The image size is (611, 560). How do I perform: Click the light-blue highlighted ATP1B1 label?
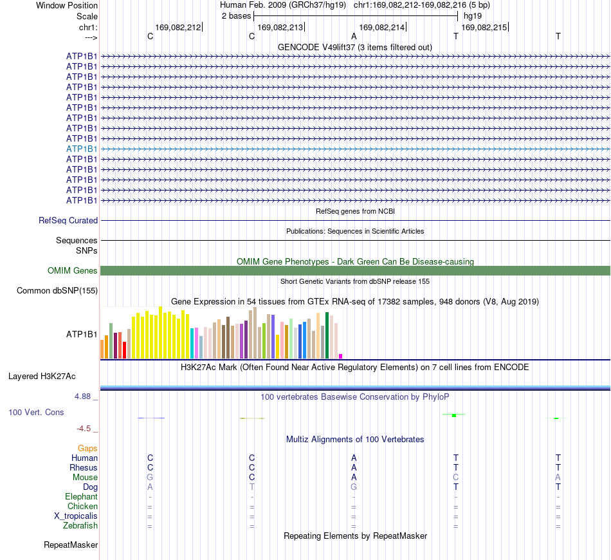(82, 149)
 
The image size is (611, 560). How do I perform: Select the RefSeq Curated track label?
(68, 220)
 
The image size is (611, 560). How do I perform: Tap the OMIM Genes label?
(72, 270)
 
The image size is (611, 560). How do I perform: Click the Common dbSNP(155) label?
(57, 290)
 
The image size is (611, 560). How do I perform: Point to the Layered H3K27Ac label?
(42, 377)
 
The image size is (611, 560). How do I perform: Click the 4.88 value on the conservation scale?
(82, 397)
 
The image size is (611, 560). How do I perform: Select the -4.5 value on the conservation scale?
(84, 429)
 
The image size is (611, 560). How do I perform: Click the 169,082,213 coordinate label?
(280, 27)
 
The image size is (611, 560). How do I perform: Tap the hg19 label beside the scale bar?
(473, 16)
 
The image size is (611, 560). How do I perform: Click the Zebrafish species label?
(80, 526)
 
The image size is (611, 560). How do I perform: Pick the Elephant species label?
(82, 496)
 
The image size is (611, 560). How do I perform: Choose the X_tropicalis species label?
(76, 516)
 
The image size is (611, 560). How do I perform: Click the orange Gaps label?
(87, 449)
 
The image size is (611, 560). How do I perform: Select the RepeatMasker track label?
(71, 545)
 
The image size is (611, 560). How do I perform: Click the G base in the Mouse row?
(150, 478)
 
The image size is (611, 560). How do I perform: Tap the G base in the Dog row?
(354, 487)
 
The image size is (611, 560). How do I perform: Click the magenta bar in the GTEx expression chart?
(341, 356)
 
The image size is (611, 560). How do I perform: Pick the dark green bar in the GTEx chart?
(327, 335)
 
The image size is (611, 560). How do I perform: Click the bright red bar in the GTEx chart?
(125, 350)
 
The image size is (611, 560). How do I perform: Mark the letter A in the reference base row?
(354, 36)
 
